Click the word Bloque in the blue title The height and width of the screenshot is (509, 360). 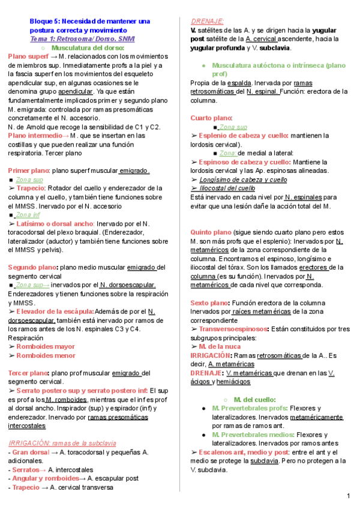pos(43,21)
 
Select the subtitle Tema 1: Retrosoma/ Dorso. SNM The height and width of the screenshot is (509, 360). pos(82,38)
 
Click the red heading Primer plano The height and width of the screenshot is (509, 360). pos(29,170)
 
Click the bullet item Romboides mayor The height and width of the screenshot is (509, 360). pos(46,346)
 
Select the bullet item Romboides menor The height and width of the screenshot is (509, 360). pos(46,355)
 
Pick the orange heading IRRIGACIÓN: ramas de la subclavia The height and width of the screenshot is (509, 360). pos(62,443)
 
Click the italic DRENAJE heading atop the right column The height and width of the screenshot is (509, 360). pos(206,20)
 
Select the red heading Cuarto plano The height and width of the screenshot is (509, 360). pos(210,118)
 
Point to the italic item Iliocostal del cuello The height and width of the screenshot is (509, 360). pos(226,188)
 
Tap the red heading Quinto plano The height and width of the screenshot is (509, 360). pos(210,232)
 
